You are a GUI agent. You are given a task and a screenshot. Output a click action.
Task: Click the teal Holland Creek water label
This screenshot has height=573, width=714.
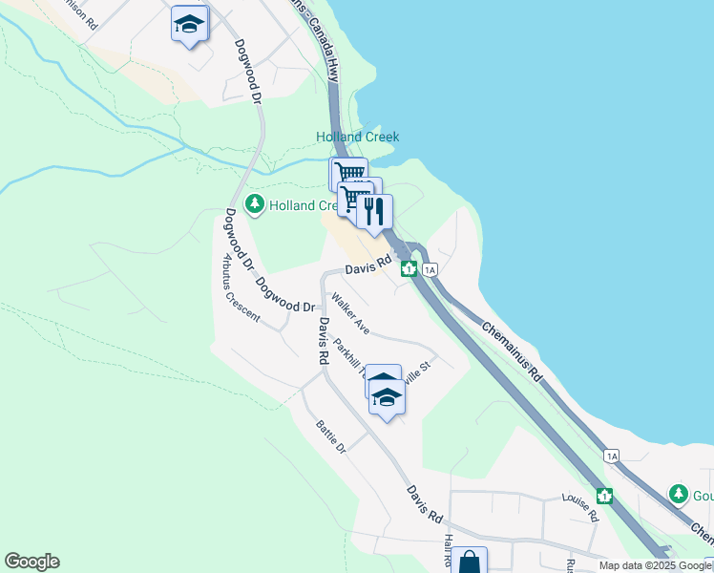click(357, 137)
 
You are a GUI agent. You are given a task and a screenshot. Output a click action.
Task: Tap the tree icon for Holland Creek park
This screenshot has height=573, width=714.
click(255, 204)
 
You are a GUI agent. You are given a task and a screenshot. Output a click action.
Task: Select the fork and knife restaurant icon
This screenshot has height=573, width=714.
click(374, 211)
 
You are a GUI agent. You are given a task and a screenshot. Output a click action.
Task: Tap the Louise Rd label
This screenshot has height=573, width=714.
click(579, 507)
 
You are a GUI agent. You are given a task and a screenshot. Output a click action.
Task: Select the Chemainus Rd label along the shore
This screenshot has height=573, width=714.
click(512, 350)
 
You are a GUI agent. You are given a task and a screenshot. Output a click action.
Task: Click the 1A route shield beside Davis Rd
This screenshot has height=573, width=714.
click(430, 269)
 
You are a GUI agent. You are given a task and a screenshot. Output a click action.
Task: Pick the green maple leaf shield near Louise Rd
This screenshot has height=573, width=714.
click(603, 496)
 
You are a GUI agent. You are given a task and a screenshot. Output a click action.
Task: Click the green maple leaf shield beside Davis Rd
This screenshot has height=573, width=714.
click(408, 268)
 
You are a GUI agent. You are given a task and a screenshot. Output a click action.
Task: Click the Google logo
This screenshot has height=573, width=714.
click(31, 562)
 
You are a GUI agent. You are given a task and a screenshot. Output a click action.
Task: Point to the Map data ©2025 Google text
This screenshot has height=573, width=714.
click(656, 565)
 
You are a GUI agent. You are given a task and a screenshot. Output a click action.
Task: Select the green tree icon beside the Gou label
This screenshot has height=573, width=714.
click(678, 494)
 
